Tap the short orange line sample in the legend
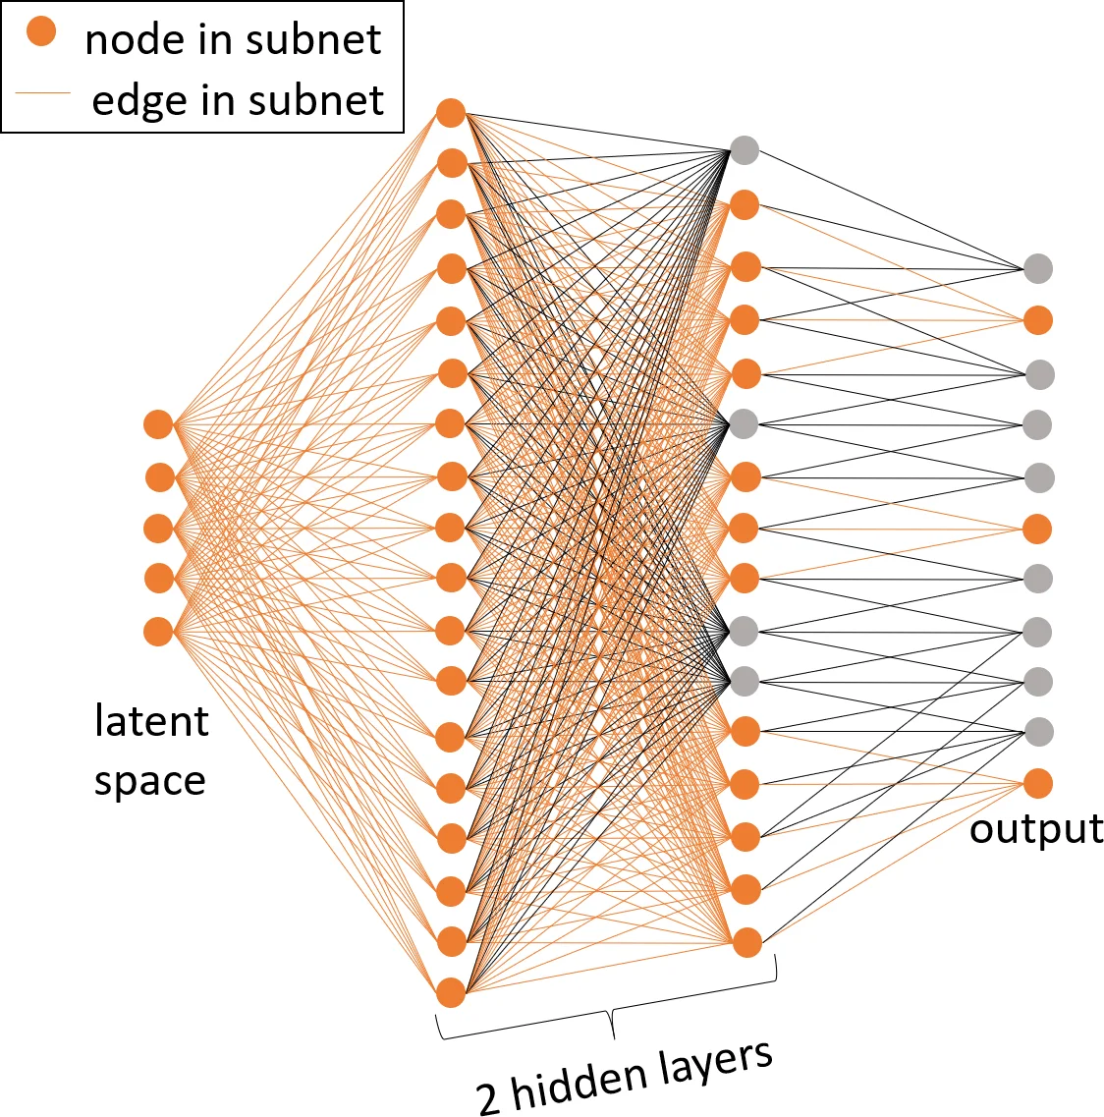43,93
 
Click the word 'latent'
151,721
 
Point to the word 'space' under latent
149,782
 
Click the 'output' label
1036,829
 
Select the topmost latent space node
158,424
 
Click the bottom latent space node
158,631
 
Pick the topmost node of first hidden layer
451,112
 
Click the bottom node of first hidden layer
451,992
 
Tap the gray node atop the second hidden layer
745,150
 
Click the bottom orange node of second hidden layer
746,942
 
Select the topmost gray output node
1038,267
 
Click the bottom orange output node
1038,783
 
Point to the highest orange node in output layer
1038,320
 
